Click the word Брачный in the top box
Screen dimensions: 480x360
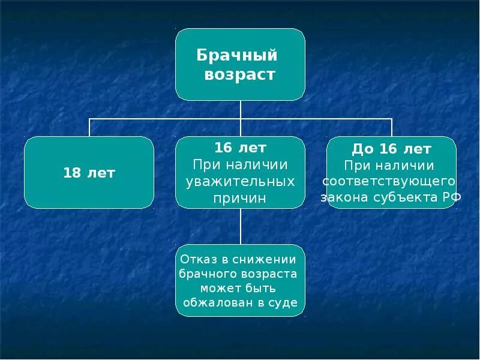pos(237,56)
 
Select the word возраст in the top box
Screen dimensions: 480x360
pos(239,74)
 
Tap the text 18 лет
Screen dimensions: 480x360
pos(89,173)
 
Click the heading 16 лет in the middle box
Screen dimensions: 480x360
pos(240,148)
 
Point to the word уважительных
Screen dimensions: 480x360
pos(240,181)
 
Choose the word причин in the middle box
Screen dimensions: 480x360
pos(240,198)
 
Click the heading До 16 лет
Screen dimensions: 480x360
pos(391,149)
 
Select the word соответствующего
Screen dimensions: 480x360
pos(389,181)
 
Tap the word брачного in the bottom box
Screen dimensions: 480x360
pos(208,274)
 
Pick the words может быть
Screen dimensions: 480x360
pos(240,289)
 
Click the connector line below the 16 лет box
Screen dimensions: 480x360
pos(241,226)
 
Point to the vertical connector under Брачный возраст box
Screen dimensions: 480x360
pos(241,110)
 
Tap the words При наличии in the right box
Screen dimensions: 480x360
pos(389,165)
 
